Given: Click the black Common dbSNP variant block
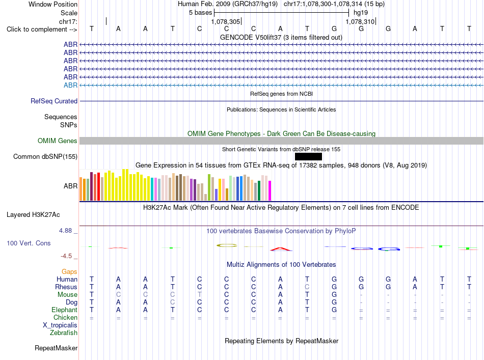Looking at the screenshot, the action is point(308,157).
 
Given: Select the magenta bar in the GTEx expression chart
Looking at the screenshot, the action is point(270,190).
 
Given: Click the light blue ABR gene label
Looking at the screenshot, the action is point(70,85).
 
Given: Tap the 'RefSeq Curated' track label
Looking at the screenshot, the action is point(54,101).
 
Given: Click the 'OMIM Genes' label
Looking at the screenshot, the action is point(58,141).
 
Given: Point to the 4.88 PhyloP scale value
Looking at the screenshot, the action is point(65,231).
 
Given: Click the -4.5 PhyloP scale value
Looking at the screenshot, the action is point(66,256).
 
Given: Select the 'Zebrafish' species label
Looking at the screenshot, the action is point(64,333).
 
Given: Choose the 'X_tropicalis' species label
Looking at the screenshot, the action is point(60,325).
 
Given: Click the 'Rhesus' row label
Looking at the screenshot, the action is point(66,287).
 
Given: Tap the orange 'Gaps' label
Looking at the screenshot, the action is point(69,272).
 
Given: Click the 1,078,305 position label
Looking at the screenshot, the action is point(225,21).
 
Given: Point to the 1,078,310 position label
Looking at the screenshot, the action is point(360,21).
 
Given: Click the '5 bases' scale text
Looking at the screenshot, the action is point(201,13).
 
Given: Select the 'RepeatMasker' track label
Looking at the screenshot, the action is point(56,348).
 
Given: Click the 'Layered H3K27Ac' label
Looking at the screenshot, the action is point(33,215).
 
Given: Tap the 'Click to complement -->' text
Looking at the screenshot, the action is point(42,30).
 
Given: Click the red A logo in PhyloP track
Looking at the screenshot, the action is point(281,249).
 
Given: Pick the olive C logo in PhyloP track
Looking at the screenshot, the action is point(227,245).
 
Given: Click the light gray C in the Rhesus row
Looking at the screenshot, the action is point(307,287).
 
